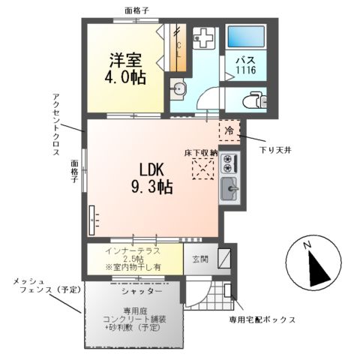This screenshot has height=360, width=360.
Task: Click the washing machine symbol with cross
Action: [202, 38]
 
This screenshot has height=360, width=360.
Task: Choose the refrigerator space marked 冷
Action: [229, 130]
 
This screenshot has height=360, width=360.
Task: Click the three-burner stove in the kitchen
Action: [229, 163]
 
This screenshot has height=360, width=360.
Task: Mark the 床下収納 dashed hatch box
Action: [202, 169]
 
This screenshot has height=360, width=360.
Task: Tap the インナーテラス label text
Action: [135, 249]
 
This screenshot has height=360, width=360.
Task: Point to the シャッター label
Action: [136, 290]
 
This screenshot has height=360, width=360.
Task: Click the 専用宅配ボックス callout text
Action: [262, 319]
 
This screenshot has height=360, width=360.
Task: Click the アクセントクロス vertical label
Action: [56, 124]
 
